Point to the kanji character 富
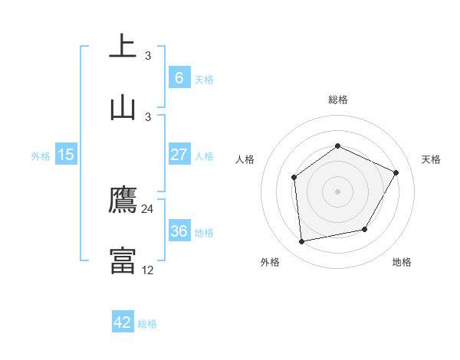123,260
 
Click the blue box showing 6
179,78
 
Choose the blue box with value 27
179,155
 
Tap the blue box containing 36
179,231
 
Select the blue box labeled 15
66,155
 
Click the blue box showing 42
123,322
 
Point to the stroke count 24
148,208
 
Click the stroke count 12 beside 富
148,270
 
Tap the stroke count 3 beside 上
148,55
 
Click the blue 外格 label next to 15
41,155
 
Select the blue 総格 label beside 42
147,323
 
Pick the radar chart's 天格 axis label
432,159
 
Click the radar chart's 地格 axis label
402,262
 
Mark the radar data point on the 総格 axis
337,146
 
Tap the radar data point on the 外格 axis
302,241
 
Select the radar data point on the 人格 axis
294,178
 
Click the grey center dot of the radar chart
337,191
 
